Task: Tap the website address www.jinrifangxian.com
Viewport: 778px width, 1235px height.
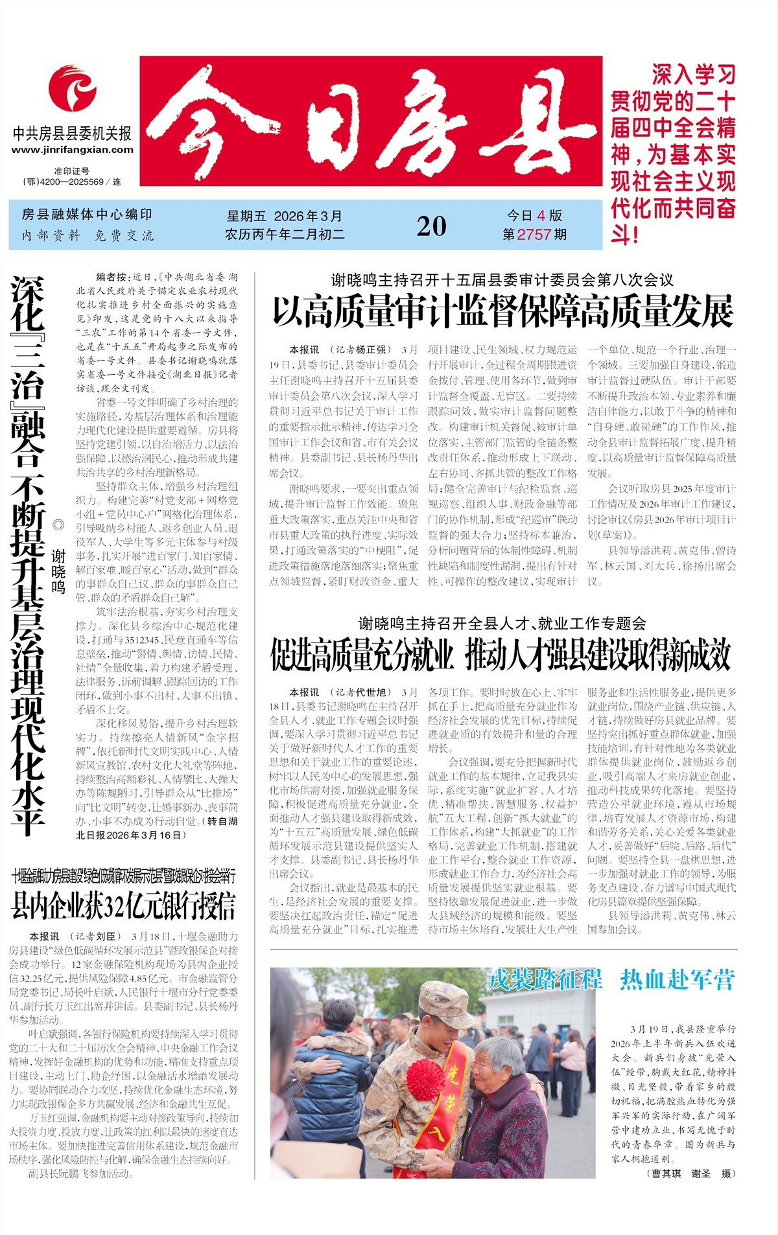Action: tap(72, 150)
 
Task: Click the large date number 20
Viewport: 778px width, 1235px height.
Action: tap(431, 226)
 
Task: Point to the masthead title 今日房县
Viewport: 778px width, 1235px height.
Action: tap(371, 121)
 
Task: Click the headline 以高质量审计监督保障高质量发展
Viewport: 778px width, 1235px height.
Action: tap(502, 311)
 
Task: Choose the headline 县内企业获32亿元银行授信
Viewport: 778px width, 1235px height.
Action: tap(123, 905)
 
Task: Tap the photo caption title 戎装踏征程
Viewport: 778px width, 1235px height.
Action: tap(544, 980)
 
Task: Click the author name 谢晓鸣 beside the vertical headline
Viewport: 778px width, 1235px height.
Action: tap(58, 571)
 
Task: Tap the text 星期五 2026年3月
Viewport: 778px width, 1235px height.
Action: tap(284, 217)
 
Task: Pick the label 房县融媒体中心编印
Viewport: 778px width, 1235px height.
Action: tap(87, 215)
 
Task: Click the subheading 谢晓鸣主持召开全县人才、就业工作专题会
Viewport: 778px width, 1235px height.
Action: tap(502, 624)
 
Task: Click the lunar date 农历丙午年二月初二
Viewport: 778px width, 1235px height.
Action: tap(285, 235)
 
